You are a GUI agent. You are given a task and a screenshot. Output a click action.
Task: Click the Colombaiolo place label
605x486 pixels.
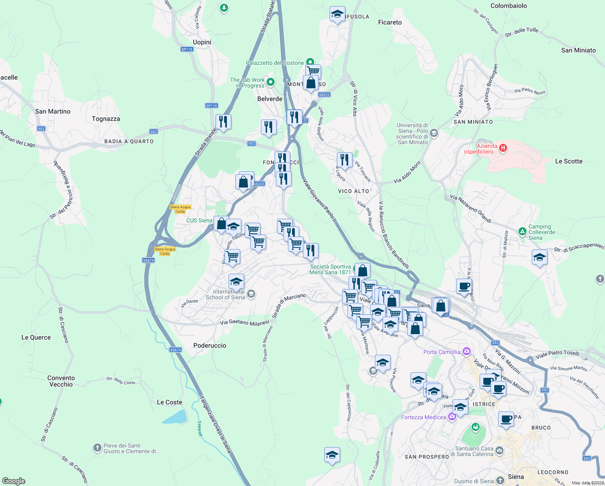508,6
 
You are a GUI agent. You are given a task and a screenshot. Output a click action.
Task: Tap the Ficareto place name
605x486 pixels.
390,22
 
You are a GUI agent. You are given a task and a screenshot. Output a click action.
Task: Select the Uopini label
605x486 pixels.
202,42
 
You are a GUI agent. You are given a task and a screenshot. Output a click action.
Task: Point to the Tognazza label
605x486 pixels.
106,119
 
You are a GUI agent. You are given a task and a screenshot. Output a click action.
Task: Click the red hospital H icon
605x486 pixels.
503,148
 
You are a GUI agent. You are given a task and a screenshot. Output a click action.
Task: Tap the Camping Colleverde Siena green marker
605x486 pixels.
522,232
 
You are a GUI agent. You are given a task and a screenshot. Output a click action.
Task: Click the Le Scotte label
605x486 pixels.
569,161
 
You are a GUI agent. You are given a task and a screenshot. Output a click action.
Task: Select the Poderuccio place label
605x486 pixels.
209,345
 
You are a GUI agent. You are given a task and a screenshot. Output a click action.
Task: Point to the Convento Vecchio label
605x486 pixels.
61,381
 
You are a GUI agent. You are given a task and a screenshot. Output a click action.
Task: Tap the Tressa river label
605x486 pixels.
199,428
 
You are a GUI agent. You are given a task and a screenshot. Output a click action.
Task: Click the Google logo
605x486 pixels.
14,481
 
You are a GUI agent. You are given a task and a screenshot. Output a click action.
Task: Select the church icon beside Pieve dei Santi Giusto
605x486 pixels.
97,448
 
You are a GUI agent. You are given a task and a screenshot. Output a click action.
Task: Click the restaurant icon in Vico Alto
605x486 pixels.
344,160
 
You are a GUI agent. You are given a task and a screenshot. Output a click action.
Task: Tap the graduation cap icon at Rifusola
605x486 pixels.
337,14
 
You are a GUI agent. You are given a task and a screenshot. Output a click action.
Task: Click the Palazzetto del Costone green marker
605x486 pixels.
310,62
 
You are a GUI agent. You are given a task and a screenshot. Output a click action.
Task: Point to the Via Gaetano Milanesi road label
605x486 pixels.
244,322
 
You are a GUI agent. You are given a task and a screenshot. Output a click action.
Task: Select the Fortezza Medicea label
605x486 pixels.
423,417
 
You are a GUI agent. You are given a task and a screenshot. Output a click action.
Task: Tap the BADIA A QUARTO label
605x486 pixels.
129,141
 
